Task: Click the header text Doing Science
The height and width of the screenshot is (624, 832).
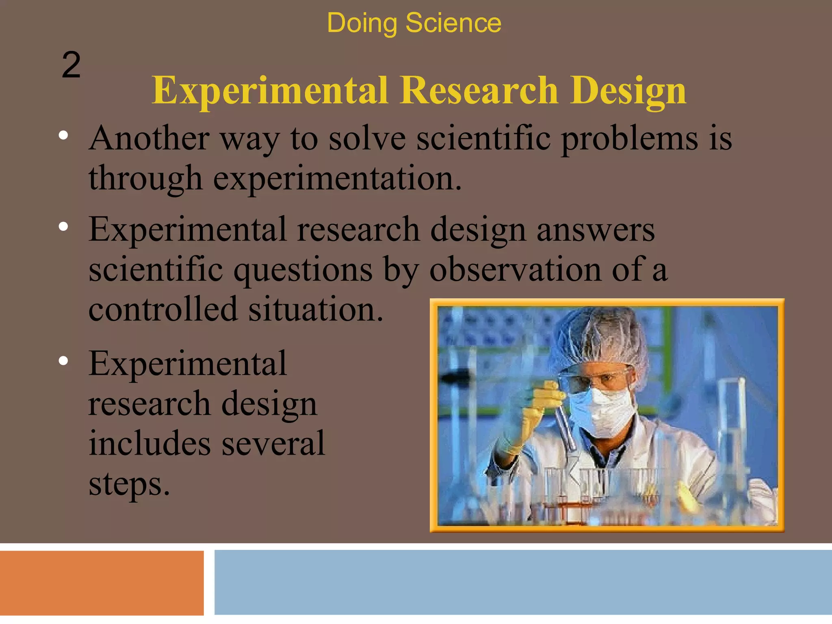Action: pos(414,23)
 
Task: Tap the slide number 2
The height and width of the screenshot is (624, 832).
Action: pos(71,65)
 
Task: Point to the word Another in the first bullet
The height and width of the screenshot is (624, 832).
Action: pos(149,138)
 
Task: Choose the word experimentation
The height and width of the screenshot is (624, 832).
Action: pos(337,179)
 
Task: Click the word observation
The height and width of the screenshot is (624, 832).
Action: pos(515,269)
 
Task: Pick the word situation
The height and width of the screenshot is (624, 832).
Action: pos(316,309)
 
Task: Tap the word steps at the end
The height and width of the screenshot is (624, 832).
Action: pos(129,484)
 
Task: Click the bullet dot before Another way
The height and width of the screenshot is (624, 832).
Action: pos(63,136)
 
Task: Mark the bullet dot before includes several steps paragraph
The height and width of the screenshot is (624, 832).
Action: pos(63,361)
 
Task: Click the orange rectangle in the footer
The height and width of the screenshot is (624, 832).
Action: pos(102,583)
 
